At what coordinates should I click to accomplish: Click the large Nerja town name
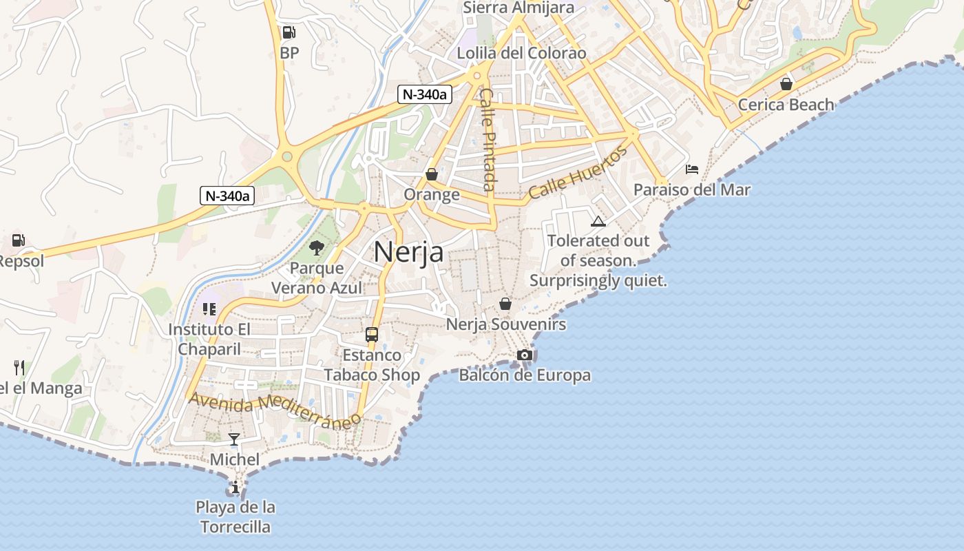click(x=408, y=253)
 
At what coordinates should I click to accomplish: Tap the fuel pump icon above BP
click(x=289, y=32)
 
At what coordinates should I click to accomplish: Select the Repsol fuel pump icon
click(x=19, y=241)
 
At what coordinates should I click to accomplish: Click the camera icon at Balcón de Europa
click(x=525, y=355)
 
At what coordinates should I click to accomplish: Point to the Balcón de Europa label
click(x=525, y=375)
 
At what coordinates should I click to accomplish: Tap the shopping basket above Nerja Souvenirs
click(x=505, y=304)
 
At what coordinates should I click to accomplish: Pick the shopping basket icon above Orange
click(x=432, y=174)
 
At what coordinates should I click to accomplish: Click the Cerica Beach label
click(x=786, y=105)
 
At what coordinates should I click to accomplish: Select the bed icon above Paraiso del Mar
click(x=692, y=169)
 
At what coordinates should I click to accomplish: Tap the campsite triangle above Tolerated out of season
click(x=598, y=221)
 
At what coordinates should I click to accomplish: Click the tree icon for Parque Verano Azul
click(x=317, y=247)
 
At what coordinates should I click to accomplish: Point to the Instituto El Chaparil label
click(x=209, y=340)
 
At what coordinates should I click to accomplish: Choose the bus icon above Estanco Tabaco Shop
click(x=372, y=335)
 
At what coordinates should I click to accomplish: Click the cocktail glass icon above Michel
click(x=234, y=439)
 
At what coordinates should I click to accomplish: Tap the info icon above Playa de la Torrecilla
click(x=235, y=488)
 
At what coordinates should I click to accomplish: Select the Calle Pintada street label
click(x=488, y=139)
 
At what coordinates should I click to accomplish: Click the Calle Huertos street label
click(x=578, y=172)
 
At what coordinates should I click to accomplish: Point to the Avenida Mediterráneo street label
click(x=275, y=410)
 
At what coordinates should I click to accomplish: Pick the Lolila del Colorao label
click(x=521, y=53)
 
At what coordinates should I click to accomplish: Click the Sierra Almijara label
click(x=518, y=8)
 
